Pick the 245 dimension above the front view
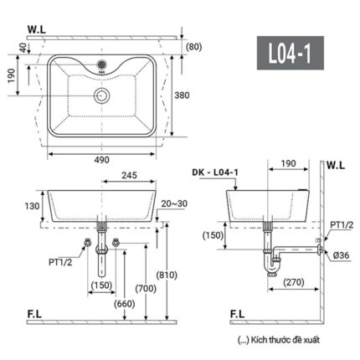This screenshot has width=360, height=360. tap(127, 177)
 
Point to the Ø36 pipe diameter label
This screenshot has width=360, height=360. tap(340, 255)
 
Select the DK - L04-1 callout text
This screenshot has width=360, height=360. tap(213, 172)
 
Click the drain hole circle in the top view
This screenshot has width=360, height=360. tap(102, 96)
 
